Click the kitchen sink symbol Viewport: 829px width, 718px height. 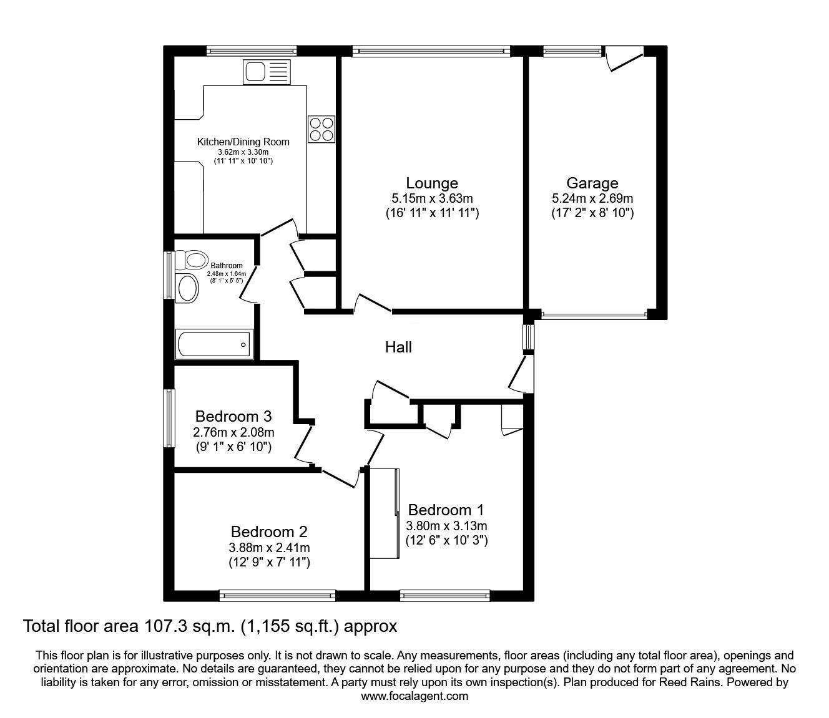267,72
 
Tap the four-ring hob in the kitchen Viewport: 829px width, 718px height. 321,129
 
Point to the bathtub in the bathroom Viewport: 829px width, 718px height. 213,344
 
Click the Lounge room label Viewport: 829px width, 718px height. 432,183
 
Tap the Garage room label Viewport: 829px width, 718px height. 592,183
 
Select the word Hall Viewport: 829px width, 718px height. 398,347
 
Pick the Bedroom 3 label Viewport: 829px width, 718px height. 233,417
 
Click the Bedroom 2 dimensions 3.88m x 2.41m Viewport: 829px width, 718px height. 269,548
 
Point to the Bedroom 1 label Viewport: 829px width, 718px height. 446,510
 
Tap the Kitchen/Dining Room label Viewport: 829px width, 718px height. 243,142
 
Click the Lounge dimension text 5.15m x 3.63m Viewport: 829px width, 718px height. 432,198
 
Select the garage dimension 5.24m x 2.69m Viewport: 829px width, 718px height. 592,198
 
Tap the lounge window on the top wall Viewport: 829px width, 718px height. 431,51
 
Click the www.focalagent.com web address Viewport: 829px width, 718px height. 414,696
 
